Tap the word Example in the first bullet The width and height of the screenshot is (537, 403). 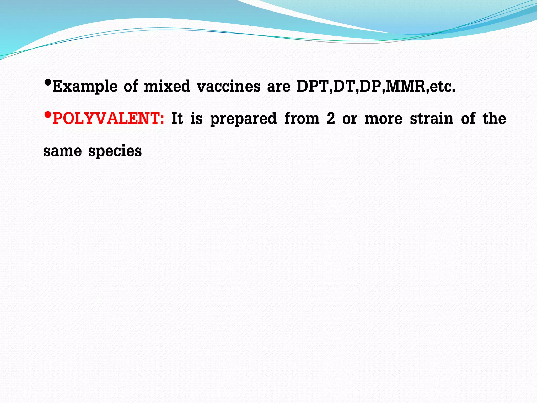coord(85,86)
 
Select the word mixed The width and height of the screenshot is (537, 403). coord(167,86)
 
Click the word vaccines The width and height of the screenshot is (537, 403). coord(229,86)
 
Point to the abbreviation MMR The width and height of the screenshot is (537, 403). coord(406,86)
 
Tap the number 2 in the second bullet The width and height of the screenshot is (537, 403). coord(331,119)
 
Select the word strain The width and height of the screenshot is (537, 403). coord(432,119)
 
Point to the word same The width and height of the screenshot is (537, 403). coord(62,151)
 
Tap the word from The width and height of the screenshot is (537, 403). coord(302,119)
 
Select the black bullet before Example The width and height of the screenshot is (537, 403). coord(47,83)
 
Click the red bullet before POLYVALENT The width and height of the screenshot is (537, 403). coord(47,115)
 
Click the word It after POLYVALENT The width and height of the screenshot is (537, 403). coord(177,119)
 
